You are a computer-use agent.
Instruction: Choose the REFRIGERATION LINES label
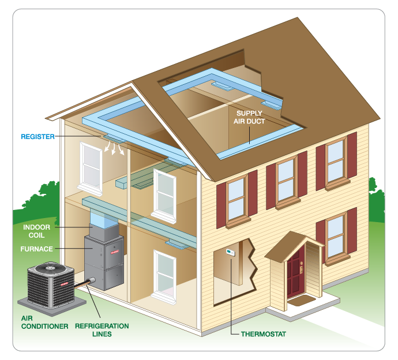point(104,329)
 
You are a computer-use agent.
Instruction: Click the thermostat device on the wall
point(230,253)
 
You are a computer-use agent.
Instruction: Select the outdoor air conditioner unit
point(52,283)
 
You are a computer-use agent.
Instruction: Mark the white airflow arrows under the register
point(114,149)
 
